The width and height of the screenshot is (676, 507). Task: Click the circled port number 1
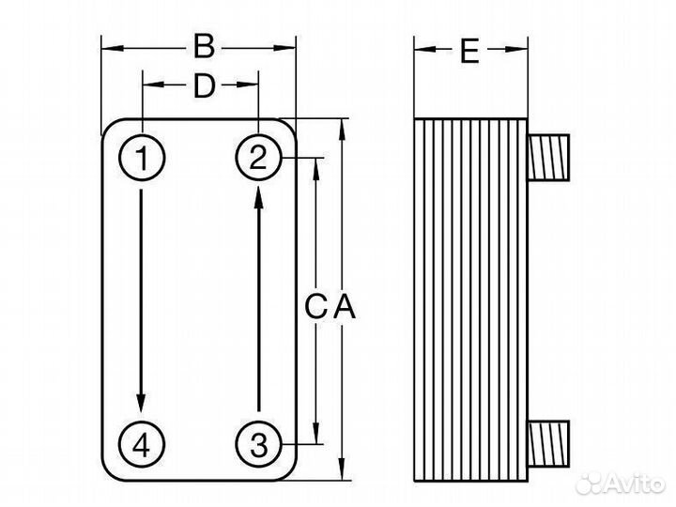[142, 159]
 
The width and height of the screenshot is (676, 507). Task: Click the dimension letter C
[316, 306]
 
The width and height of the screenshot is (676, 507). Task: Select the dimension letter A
[344, 306]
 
